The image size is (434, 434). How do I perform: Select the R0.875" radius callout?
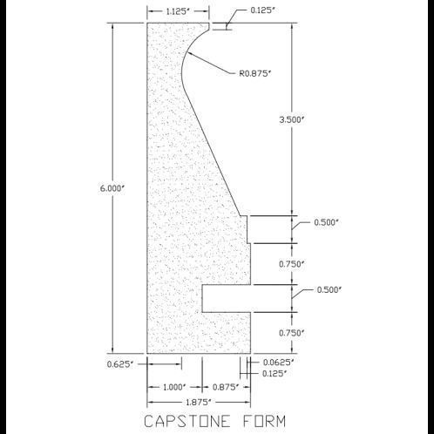254,73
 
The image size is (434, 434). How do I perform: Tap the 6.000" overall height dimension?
112,188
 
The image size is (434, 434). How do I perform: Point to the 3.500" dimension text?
291,119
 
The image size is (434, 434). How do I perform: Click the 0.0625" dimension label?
279,363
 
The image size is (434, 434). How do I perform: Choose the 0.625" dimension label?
120,364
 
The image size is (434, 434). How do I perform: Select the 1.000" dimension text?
174,387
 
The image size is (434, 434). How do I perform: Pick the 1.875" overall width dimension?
198,403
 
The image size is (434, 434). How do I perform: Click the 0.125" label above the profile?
262,10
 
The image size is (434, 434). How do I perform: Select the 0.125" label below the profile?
275,373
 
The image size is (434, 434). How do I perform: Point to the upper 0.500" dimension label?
327,222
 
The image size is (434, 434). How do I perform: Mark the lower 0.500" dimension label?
329,290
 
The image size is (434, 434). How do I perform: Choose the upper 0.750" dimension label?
292,264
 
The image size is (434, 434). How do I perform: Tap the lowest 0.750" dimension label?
292,333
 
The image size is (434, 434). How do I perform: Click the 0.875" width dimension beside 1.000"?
226,387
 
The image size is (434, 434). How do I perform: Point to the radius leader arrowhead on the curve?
189,53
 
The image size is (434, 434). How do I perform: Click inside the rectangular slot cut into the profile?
226,299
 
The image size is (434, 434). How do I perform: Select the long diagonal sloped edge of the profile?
214,155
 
